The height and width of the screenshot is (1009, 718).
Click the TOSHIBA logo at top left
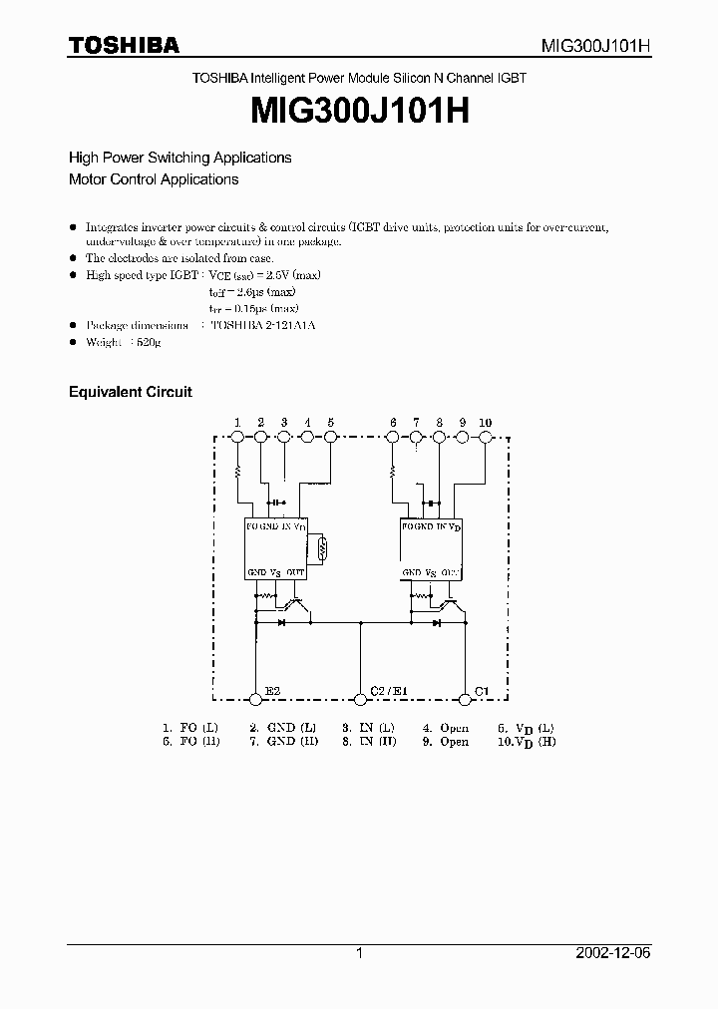(x=124, y=45)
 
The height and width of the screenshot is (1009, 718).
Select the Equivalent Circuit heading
(x=130, y=392)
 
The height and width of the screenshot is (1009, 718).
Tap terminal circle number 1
(x=237, y=437)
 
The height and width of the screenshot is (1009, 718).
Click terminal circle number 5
(x=330, y=437)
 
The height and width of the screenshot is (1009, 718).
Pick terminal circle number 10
(x=486, y=437)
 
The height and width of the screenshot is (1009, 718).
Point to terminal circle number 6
(x=393, y=437)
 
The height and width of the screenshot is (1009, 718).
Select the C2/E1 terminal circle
(x=360, y=697)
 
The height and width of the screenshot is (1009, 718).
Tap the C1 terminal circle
(x=464, y=697)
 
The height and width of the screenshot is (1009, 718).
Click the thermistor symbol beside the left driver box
(x=321, y=547)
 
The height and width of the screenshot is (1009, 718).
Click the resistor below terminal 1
(x=237, y=470)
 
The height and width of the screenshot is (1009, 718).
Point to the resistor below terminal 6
(x=393, y=470)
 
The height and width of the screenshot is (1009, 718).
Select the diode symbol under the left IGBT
(x=281, y=622)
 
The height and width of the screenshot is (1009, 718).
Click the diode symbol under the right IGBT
(x=436, y=622)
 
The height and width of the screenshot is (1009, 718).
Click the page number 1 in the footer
(x=359, y=953)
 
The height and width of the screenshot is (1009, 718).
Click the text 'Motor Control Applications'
(x=154, y=179)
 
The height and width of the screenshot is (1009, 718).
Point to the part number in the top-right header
(x=596, y=46)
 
